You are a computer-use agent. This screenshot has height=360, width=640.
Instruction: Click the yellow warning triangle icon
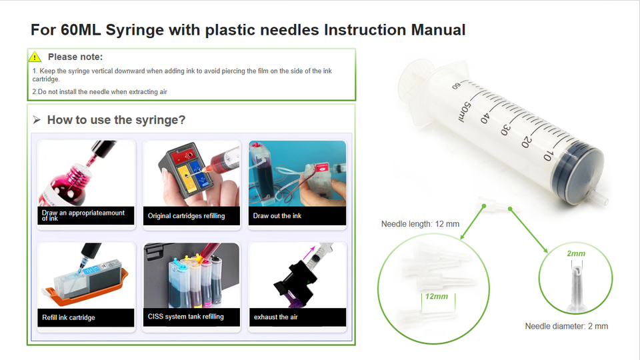coord(35,57)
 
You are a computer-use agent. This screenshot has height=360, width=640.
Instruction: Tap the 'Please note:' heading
coord(75,57)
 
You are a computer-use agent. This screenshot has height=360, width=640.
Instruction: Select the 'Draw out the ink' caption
coord(277,215)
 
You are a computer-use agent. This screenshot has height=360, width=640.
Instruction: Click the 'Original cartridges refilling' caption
coord(186,215)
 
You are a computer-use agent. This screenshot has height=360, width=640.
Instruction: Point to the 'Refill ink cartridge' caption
coord(69,317)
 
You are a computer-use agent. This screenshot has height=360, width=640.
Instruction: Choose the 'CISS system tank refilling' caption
coord(186,316)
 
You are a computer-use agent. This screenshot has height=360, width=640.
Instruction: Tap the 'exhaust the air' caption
coord(276,317)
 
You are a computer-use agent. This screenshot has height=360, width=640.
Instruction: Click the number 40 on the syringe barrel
coord(485,117)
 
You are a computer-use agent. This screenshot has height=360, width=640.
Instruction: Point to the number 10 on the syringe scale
coord(548,155)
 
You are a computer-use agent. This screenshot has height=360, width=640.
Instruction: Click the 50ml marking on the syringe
coord(465,111)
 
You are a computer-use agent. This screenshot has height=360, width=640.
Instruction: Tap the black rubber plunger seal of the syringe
coord(577,171)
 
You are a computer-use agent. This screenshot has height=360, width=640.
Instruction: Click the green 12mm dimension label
coord(436,296)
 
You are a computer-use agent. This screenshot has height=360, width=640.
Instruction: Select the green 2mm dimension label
coord(576,253)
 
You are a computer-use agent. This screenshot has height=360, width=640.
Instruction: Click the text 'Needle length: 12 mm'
coord(420,224)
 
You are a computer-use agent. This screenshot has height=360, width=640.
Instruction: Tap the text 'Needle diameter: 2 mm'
coord(567,326)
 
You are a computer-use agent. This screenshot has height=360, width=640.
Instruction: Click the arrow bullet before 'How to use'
coord(37,119)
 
